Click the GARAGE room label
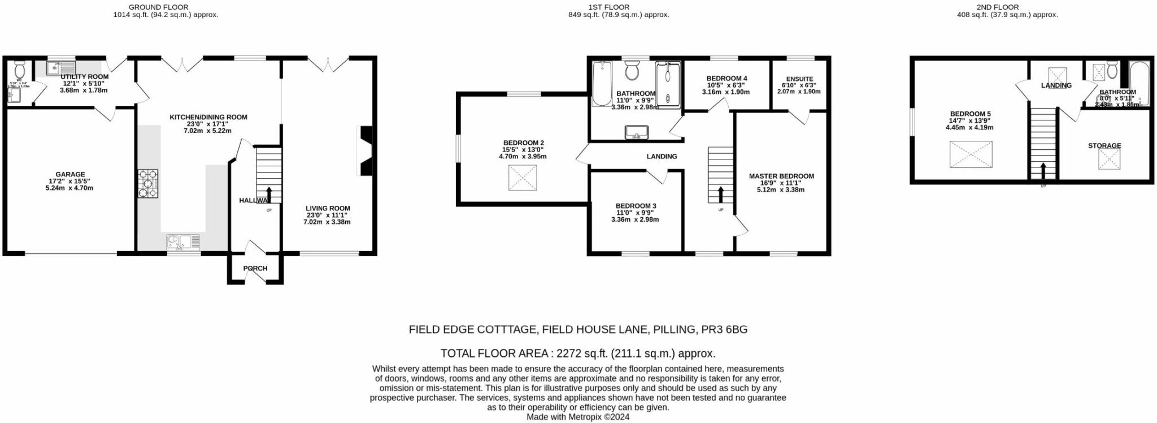click(70, 175)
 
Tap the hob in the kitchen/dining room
click(148, 184)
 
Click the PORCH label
click(255, 268)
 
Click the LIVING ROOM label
click(328, 208)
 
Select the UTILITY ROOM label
click(84, 77)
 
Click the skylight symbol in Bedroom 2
click(523, 178)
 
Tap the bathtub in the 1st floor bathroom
click(602, 84)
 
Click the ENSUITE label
click(799, 79)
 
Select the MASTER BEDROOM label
click(781, 176)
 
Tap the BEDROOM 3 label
click(636, 206)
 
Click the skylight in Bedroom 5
click(971, 154)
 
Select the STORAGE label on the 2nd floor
click(1104, 145)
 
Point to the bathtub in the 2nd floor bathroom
click(1139, 84)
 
